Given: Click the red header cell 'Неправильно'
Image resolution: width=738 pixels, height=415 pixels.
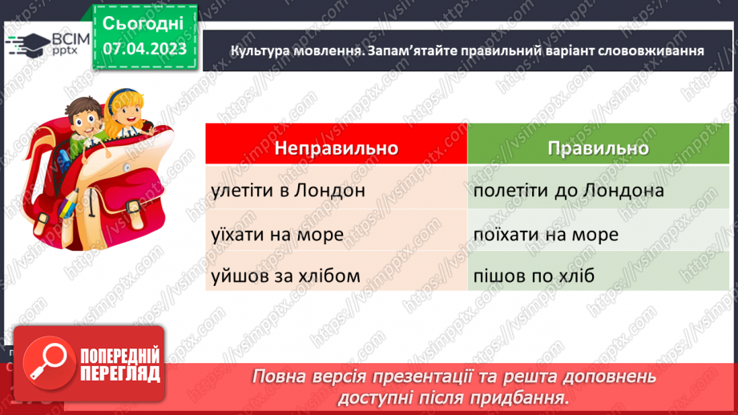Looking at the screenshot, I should [x=337, y=149].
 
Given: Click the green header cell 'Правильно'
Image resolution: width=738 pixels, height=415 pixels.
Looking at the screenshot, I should [x=598, y=149].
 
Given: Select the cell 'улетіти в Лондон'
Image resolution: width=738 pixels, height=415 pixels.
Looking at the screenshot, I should [x=289, y=191].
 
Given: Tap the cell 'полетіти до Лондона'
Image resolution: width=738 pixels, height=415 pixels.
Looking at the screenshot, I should [x=568, y=191].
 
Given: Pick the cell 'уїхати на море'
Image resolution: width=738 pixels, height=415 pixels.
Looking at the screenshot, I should [x=278, y=234].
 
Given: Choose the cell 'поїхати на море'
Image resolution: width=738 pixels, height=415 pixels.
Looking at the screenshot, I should [x=546, y=234].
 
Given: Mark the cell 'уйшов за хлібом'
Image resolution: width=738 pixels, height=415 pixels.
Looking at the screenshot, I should [x=286, y=276].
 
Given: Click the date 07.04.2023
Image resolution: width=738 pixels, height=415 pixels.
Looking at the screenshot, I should [x=145, y=49].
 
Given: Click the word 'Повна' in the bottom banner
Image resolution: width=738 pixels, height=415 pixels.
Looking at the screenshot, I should [x=275, y=377].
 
